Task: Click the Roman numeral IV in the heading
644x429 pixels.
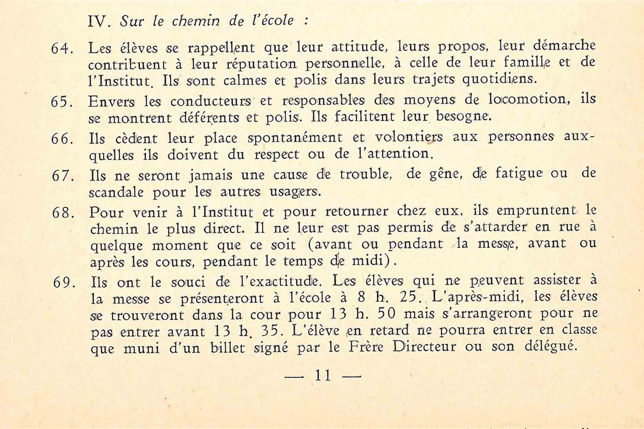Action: pos(99,21)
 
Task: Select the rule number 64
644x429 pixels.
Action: pos(62,49)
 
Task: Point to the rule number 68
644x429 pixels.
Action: pos(63,213)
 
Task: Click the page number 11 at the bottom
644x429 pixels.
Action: pos(323,376)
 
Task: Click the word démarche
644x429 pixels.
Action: pos(564,46)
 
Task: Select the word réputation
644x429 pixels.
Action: pos(261,64)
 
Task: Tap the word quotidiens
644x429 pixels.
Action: pos(499,80)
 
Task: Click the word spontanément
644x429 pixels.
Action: pos(295,138)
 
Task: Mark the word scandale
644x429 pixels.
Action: pos(116,192)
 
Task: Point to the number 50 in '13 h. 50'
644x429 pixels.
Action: pos(386,314)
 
